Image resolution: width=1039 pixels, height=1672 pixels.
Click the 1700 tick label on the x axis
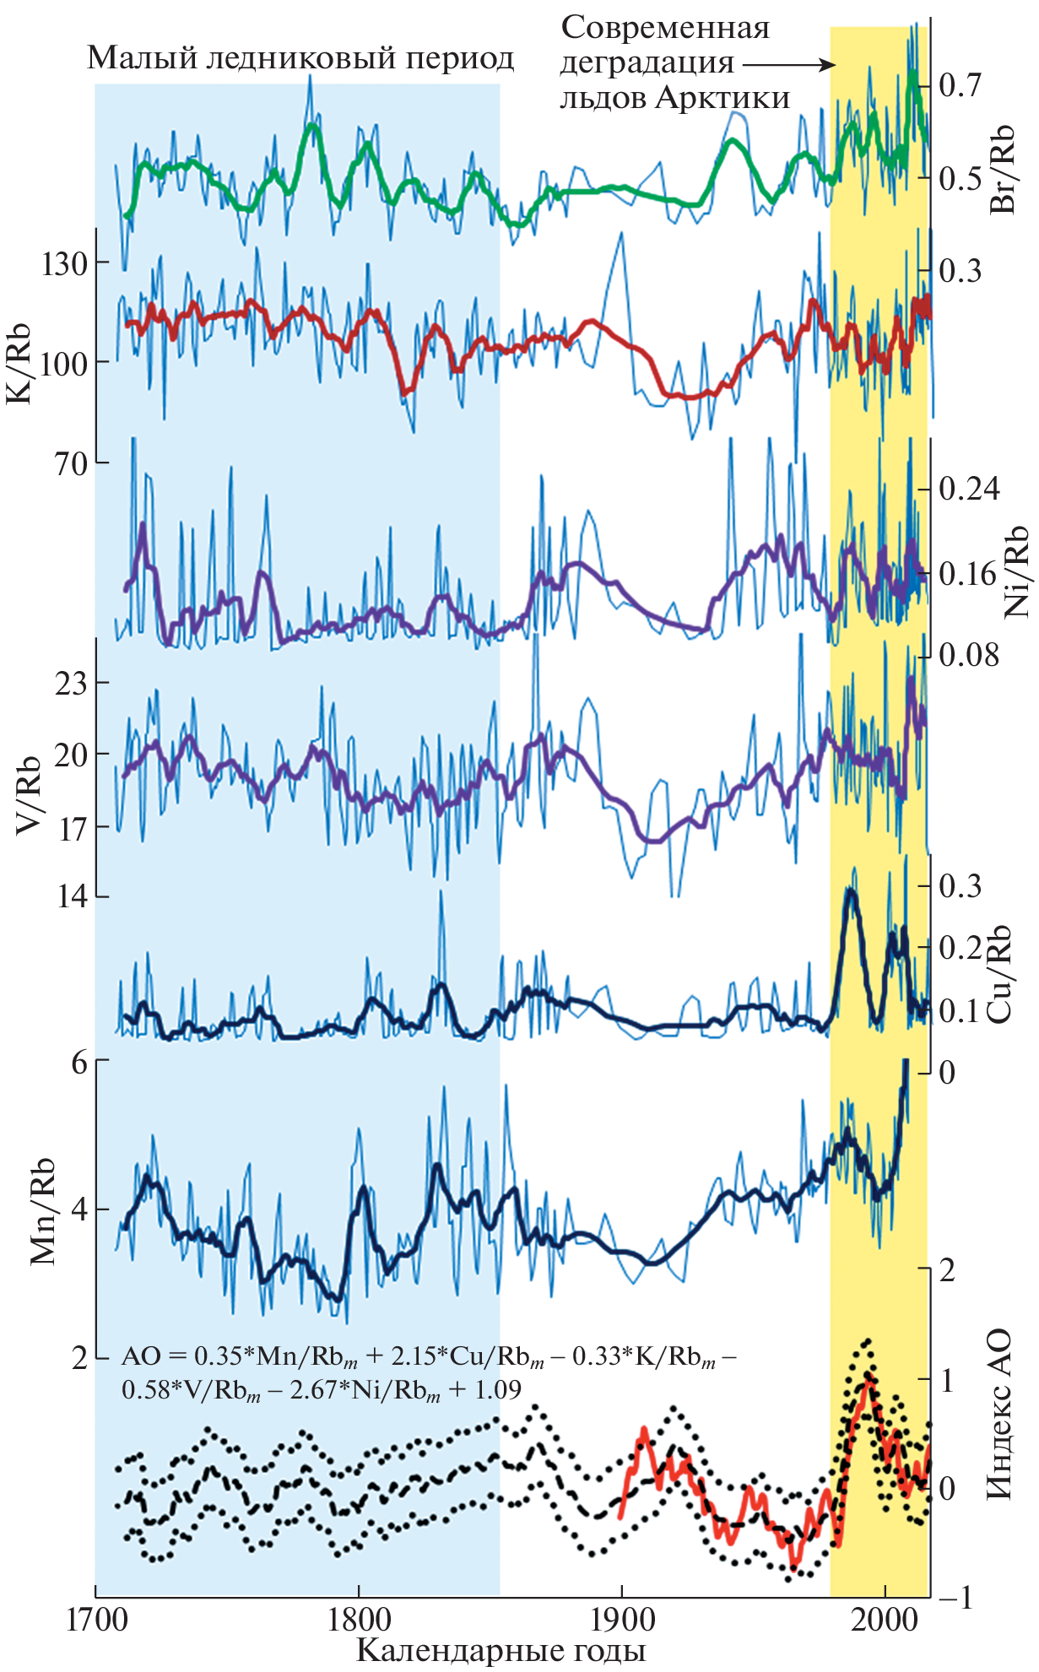click(95, 1620)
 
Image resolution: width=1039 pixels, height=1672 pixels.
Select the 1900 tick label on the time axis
click(622, 1620)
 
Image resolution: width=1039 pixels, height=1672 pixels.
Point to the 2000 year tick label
click(885, 1620)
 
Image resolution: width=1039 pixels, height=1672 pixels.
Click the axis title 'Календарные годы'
click(501, 1649)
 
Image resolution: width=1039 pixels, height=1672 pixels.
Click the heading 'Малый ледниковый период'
click(300, 58)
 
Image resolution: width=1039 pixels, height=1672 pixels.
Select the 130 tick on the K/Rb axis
click(62, 263)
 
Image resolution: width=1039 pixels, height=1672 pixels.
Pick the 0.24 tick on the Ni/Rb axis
click(969, 489)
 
